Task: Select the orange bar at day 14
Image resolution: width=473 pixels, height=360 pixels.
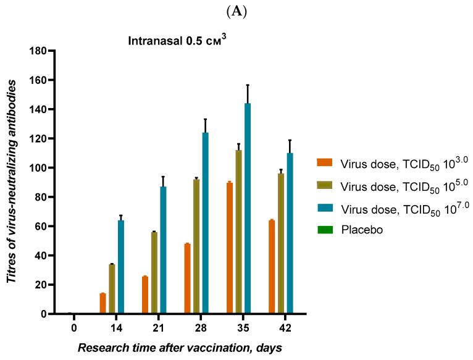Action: click(103, 303)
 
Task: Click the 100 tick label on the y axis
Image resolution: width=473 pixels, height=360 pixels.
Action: click(40, 168)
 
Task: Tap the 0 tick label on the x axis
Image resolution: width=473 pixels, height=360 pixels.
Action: click(73, 326)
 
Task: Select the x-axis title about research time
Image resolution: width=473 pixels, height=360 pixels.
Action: click(180, 348)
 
